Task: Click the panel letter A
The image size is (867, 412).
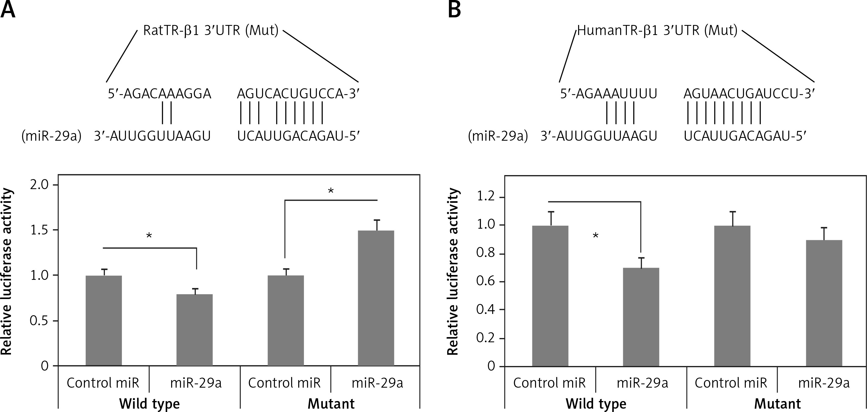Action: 8,9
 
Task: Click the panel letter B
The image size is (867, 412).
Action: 454,9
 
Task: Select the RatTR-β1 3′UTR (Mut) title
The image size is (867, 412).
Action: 211,31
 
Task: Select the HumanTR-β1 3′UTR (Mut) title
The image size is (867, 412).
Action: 657,31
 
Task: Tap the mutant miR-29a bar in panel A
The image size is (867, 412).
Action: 376,298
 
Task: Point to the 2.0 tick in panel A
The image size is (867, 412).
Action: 40,185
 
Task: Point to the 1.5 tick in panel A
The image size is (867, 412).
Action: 40,230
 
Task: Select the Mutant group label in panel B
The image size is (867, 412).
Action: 778,403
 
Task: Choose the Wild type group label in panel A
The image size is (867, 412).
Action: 150,403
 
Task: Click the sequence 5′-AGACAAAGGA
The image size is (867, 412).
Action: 160,94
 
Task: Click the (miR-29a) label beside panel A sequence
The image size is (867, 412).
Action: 51,136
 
